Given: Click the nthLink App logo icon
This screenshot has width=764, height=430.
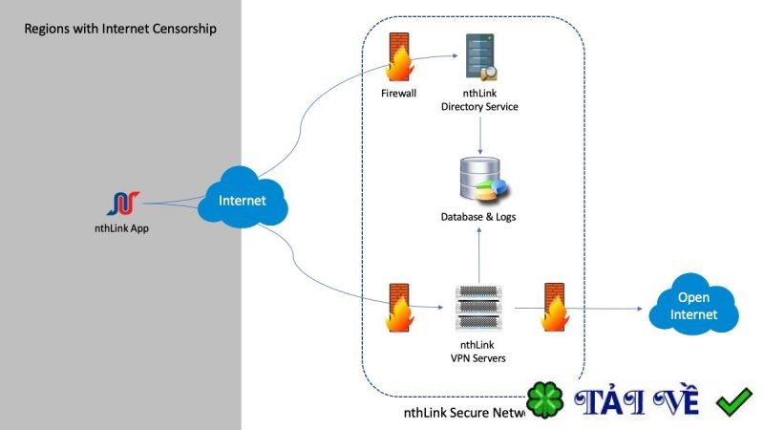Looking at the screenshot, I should point(125,203).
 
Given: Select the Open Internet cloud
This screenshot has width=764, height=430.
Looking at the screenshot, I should point(693,305).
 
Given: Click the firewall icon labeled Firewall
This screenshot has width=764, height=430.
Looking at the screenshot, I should point(398,59).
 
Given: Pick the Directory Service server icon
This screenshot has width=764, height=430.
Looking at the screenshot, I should point(478,57).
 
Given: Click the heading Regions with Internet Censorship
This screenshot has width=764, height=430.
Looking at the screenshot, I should point(120,29).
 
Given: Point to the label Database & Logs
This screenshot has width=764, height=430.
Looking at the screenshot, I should point(478,218).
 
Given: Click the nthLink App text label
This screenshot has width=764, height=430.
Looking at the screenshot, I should point(125,228).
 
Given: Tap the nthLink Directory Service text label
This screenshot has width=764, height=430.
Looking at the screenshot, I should point(479,100).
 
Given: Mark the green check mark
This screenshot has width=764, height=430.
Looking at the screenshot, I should point(734,402).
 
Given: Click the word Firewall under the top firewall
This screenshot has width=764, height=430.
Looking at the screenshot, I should point(398,94).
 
